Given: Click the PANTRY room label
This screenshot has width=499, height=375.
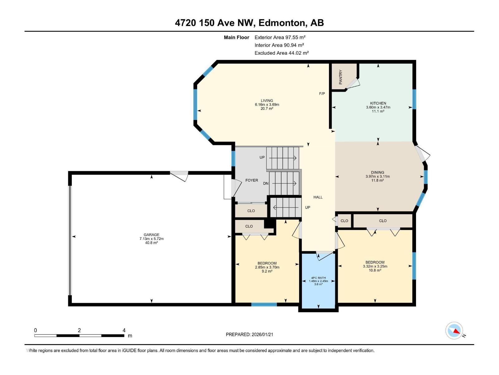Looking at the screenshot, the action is [x=340, y=77].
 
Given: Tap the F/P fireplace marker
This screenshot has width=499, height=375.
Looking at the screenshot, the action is [x=322, y=93].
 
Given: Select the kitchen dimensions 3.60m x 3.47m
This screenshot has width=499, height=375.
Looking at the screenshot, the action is [x=378, y=107].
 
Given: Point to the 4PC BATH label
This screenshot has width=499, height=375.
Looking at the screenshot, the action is [x=318, y=278].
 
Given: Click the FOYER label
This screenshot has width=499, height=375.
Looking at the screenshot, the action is [x=252, y=180].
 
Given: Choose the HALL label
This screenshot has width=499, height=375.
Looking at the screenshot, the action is [x=318, y=197].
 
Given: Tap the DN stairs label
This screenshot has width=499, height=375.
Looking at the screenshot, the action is [x=266, y=183].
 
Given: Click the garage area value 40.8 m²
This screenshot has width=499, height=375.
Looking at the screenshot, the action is [x=151, y=243].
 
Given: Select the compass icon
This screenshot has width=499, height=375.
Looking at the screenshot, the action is [x=454, y=331].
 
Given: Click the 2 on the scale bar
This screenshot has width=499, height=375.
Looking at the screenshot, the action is [x=79, y=330].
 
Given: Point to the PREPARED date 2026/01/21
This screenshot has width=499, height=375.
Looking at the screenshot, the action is [x=262, y=334].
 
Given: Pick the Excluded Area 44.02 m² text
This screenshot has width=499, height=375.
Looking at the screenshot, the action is [x=281, y=53].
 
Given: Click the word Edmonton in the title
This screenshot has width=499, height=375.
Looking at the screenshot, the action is [x=281, y=23].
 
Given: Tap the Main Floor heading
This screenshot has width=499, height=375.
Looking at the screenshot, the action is [x=236, y=37].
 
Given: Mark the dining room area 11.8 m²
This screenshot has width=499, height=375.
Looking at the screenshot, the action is [x=378, y=180].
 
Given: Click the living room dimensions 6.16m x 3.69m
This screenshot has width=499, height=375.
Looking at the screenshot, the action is [x=267, y=104].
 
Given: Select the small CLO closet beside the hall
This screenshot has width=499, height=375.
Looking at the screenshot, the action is [x=344, y=221].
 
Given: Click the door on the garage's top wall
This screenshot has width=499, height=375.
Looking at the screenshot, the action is [x=179, y=176].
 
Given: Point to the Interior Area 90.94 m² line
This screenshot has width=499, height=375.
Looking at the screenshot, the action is [x=279, y=45].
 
